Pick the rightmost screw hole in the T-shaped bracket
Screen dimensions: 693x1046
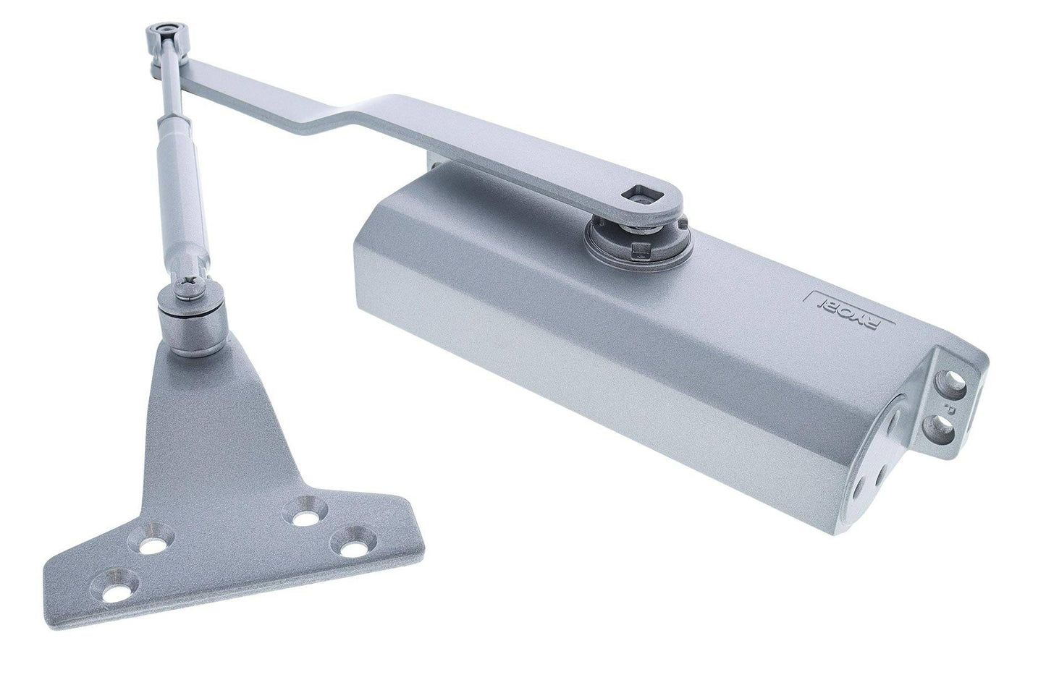pyautogui.click(x=353, y=545)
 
